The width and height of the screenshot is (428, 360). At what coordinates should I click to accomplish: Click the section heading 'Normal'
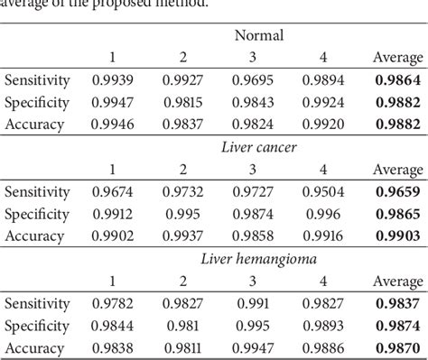259,36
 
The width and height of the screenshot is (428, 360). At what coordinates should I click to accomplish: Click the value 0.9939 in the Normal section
116,80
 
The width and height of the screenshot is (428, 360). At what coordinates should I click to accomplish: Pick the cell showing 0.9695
256,80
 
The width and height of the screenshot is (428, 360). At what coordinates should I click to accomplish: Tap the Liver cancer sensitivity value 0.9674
116,192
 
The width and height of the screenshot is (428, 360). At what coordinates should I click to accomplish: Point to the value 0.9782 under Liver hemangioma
116,304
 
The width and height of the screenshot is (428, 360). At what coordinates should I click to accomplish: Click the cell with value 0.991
256,304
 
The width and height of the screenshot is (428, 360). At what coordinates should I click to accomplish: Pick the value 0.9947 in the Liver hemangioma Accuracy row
256,346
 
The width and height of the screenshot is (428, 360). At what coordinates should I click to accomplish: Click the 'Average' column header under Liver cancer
397,170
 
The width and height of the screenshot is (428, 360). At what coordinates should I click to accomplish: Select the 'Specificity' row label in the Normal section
37,101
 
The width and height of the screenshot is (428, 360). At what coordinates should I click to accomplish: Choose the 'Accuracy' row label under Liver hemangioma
34,346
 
